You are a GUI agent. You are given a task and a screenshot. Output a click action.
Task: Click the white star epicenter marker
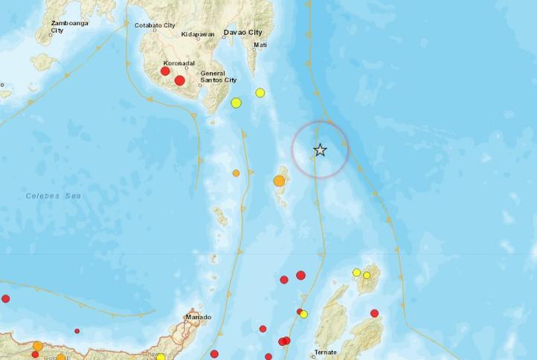coord(320,150)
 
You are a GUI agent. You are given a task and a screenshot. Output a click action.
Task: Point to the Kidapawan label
coord(198,34)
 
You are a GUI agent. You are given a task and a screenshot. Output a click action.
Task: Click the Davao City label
coord(243,33)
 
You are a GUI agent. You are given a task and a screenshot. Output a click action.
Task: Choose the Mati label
coord(260,45)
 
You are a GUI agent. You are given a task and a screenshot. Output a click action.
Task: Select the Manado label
coord(197,318)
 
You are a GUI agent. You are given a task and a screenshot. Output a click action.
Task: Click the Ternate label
coord(326,352)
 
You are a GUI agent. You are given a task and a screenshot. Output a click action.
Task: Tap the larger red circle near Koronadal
coord(179,80)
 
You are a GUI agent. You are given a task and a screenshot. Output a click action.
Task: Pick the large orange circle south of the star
coord(279,181)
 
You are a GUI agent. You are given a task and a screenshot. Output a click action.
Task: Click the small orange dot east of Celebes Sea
coord(236,173)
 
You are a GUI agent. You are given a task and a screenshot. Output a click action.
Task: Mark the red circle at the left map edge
coord(6,299)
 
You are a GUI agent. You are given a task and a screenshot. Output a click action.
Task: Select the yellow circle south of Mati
coord(260,93)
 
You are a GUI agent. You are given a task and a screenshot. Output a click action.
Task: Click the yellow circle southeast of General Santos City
coord(236,103)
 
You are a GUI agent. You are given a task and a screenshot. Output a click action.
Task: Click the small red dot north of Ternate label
coord(300,312)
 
